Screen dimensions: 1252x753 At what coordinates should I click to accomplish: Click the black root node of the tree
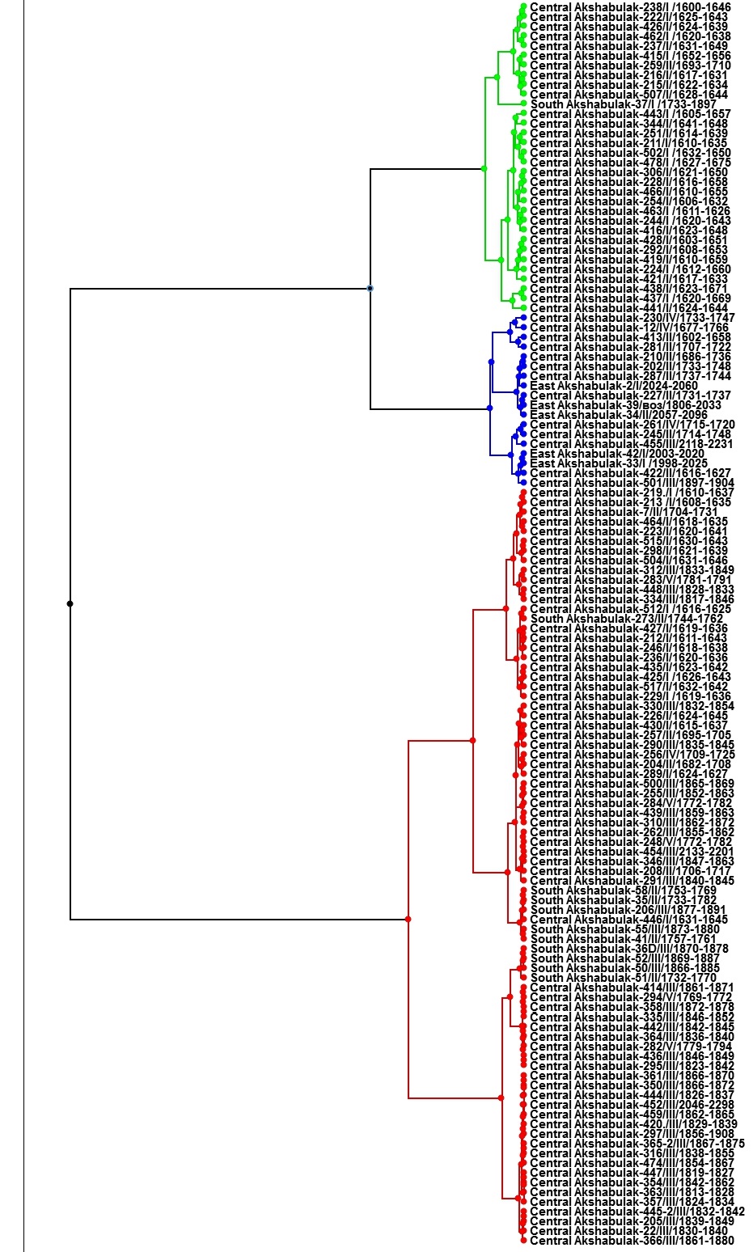click(70, 603)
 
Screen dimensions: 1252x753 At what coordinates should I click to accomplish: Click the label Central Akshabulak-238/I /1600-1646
click(630, 7)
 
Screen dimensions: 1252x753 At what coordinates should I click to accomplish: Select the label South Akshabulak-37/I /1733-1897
click(623, 104)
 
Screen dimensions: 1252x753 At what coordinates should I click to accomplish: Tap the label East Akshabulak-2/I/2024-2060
click(613, 386)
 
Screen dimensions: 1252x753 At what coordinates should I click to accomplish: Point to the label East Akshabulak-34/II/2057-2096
click(618, 415)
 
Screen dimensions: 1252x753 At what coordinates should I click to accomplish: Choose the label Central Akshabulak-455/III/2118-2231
click(631, 444)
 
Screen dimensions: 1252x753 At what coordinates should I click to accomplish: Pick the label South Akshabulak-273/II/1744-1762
click(627, 619)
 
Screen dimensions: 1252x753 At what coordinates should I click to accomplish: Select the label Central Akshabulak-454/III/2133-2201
click(631, 852)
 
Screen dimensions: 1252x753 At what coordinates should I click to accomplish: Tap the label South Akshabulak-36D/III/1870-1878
click(629, 949)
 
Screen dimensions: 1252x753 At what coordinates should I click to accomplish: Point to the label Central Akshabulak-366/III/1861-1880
click(632, 1240)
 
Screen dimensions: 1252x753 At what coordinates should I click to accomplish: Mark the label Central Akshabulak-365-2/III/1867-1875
click(637, 1143)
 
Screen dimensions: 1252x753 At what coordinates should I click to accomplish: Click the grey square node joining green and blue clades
click(370, 288)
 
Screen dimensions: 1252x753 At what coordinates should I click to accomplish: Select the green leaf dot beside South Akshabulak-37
click(524, 104)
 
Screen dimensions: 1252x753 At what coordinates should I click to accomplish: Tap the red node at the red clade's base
click(408, 919)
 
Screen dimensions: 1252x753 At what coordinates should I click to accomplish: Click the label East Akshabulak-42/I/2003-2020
click(617, 454)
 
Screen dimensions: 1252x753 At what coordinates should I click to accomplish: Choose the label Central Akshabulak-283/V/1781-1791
click(631, 580)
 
